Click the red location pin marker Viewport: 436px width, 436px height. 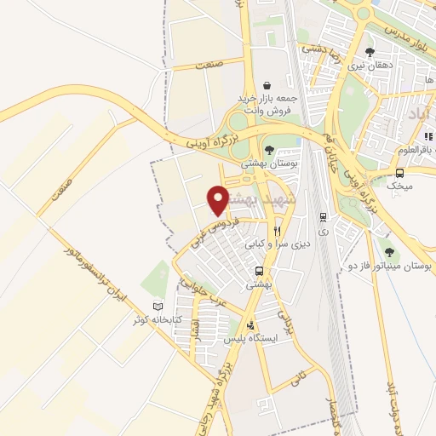tap(219, 200)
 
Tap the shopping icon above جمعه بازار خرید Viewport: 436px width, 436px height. tap(268, 85)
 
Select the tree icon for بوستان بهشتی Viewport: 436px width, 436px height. tap(271, 150)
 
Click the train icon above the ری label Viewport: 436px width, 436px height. tap(323, 216)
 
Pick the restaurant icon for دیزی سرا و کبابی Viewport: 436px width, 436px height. tap(278, 231)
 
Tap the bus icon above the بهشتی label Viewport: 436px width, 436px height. tap(258, 272)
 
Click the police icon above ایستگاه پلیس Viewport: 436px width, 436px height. tap(250, 324)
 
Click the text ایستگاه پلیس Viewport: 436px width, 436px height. tap(247, 338)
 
